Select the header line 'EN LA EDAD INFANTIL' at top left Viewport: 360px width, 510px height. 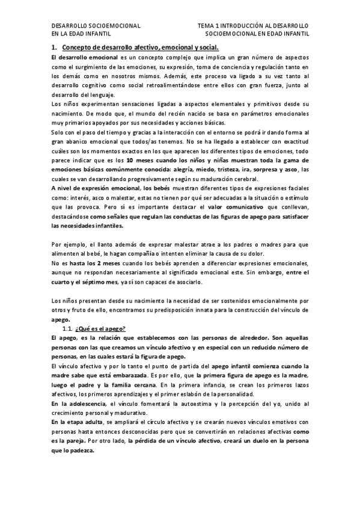(81, 35)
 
